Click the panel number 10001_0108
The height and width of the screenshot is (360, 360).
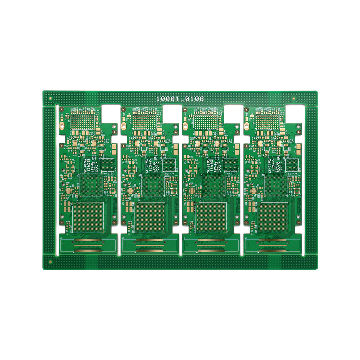click(x=180, y=99)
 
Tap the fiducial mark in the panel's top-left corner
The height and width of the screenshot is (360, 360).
click(x=50, y=98)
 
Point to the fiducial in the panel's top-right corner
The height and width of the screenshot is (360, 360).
click(x=294, y=99)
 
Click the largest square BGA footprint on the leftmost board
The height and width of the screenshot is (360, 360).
click(x=88, y=217)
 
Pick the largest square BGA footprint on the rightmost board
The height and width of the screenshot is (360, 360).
click(x=272, y=217)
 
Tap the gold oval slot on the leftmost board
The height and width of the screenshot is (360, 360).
click(x=62, y=126)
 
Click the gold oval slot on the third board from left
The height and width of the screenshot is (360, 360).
click(x=185, y=126)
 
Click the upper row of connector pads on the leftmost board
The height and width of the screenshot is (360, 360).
click(x=88, y=240)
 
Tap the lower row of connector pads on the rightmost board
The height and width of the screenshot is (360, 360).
click(x=272, y=250)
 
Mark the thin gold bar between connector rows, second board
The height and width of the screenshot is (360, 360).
click(x=150, y=245)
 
